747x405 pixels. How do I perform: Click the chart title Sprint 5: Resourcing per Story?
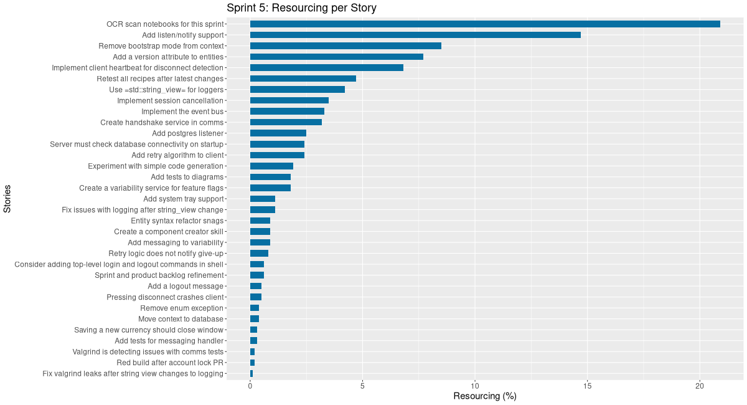pyautogui.click(x=301, y=8)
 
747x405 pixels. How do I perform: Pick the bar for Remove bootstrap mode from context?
pyautogui.click(x=345, y=45)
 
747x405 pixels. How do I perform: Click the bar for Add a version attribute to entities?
pyautogui.click(x=337, y=57)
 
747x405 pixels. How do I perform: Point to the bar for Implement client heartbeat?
pyautogui.click(x=327, y=67)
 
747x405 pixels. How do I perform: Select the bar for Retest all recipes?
pyautogui.click(x=303, y=79)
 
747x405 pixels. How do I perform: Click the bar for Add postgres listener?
pyautogui.click(x=278, y=133)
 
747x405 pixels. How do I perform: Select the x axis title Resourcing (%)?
pyautogui.click(x=484, y=396)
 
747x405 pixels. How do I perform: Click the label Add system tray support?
pyautogui.click(x=183, y=199)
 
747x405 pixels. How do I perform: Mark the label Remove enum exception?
pyautogui.click(x=181, y=308)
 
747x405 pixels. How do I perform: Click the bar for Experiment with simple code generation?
pyautogui.click(x=271, y=166)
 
